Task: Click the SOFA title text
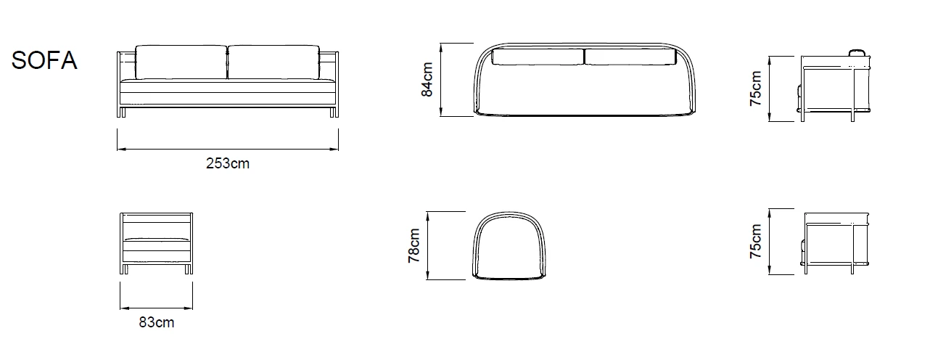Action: pos(44,61)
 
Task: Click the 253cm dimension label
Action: pos(227,164)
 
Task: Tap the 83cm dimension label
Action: pos(157,323)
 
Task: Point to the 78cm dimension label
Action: pos(414,245)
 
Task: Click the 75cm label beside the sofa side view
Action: pos(757,89)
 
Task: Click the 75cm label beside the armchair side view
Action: pos(757,242)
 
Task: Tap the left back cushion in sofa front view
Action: pos(181,62)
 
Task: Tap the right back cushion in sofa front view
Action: pos(273,62)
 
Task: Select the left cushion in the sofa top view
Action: pos(538,57)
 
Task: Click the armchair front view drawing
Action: pos(157,242)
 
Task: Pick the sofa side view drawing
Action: pos(836,86)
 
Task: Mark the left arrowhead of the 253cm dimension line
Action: pos(120,150)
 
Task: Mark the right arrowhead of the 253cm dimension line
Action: pos(336,150)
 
